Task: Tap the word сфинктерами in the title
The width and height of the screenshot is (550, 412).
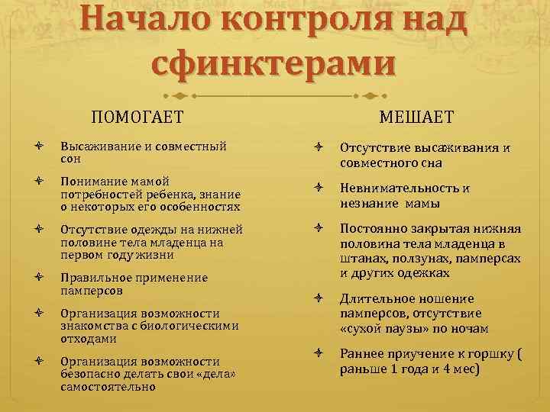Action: [274, 64]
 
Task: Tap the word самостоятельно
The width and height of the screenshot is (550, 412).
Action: [108, 386]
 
